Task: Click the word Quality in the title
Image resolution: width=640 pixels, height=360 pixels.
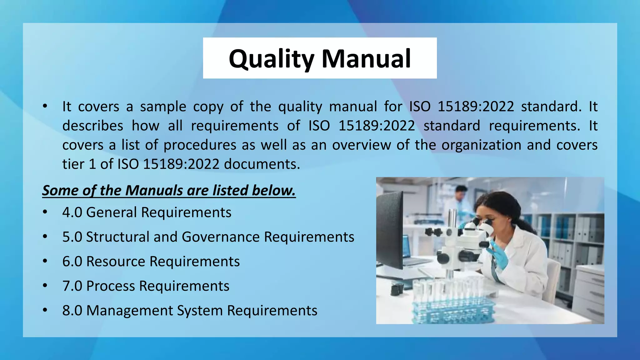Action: tap(271, 59)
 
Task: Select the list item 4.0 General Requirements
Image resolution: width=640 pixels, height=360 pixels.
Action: tap(147, 212)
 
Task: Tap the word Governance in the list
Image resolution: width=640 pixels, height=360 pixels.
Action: tap(221, 237)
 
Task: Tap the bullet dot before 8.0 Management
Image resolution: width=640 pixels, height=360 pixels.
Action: tap(45, 310)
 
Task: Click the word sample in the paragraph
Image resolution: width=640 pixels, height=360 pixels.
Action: tap(163, 107)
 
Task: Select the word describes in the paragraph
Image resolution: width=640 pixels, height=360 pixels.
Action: tap(93, 126)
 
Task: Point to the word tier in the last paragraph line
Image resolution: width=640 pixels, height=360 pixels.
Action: tap(73, 164)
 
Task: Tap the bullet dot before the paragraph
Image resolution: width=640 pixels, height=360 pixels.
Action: tap(45, 106)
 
